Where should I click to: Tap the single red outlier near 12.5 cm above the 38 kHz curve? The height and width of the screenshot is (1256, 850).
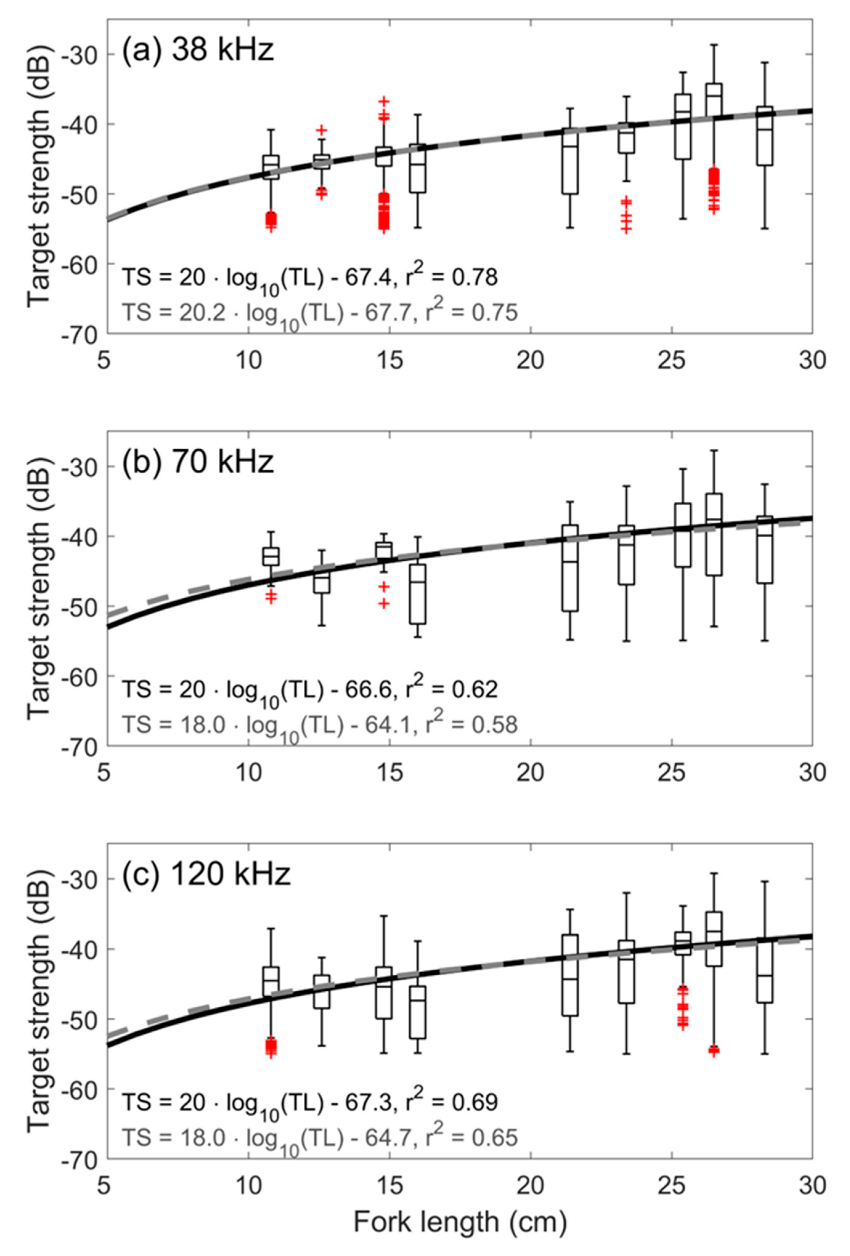coord(322,130)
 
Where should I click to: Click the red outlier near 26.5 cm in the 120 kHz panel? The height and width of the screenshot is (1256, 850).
coord(714,1050)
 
